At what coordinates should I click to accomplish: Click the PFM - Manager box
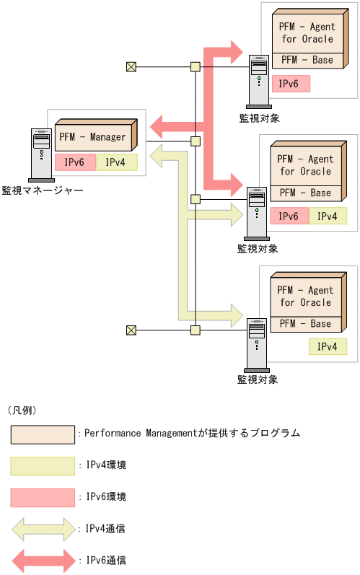coord(92,137)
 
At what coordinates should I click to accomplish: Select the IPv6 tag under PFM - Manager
coord(74,162)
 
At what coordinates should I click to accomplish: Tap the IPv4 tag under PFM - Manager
coord(115,162)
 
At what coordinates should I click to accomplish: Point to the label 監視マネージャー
coord(43,190)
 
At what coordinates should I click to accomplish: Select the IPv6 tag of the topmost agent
coord(290,84)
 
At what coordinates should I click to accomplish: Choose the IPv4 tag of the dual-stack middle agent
coord(327,216)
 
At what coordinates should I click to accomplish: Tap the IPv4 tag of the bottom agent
coord(327,347)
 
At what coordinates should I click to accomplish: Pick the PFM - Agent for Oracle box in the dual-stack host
coord(305,165)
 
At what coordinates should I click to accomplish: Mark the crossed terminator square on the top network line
coord(131,67)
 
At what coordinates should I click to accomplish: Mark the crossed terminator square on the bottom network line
coord(131,330)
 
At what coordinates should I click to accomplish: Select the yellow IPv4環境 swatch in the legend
coord(43,466)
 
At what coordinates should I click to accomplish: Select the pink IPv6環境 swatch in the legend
coord(43,497)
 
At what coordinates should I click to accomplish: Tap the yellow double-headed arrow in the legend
coord(43,529)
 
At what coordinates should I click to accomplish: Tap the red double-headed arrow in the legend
coord(43,560)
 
